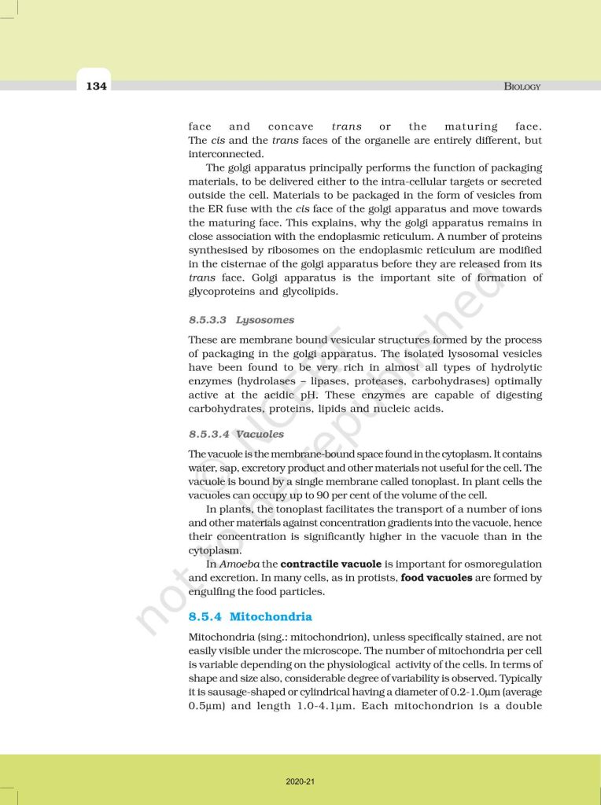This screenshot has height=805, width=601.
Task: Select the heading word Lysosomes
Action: pos(265,320)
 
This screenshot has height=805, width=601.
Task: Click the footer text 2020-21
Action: pos(300,781)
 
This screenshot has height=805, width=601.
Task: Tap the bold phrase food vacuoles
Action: pos(437,578)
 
